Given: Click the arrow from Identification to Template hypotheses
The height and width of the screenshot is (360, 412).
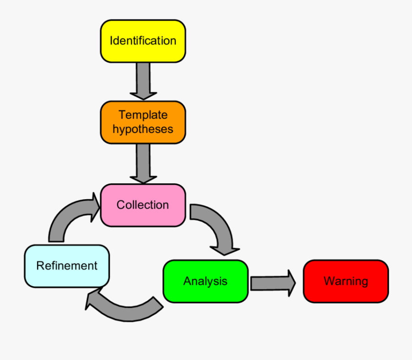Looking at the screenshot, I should tap(143, 81).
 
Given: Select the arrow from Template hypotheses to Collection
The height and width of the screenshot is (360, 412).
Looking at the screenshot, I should tap(143, 163).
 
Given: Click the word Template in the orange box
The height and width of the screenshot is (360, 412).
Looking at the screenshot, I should tap(143, 115).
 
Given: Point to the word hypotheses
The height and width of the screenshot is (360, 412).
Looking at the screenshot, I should tap(143, 129).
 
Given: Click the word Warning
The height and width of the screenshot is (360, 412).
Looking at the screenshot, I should tap(346, 281).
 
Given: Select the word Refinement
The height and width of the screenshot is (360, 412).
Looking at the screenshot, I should tap(67, 266).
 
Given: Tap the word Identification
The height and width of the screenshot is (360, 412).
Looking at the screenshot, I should tap(143, 41).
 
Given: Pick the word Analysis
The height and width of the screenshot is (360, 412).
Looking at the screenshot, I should tap(205, 281).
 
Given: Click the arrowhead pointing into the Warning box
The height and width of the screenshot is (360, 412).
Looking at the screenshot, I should tap(291, 282).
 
